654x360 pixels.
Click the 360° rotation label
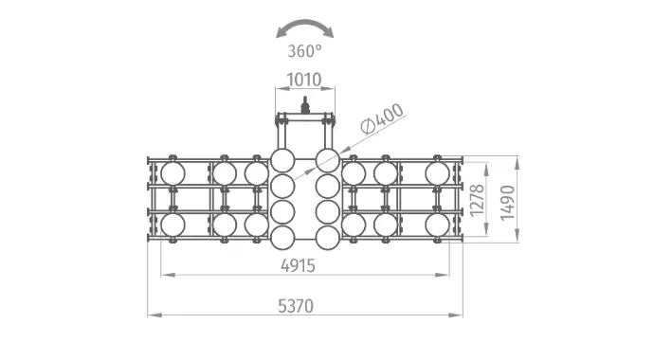point(305,51)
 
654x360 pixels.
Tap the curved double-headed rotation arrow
point(305,22)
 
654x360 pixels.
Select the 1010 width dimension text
point(304,80)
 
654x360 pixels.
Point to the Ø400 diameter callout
point(383,118)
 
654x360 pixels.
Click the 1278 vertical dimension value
point(478,201)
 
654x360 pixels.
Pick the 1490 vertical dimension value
point(508,203)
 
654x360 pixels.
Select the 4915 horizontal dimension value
point(298,265)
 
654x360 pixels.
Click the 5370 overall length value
point(296,306)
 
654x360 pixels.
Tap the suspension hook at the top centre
point(305,105)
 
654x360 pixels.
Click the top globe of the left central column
point(282,160)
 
